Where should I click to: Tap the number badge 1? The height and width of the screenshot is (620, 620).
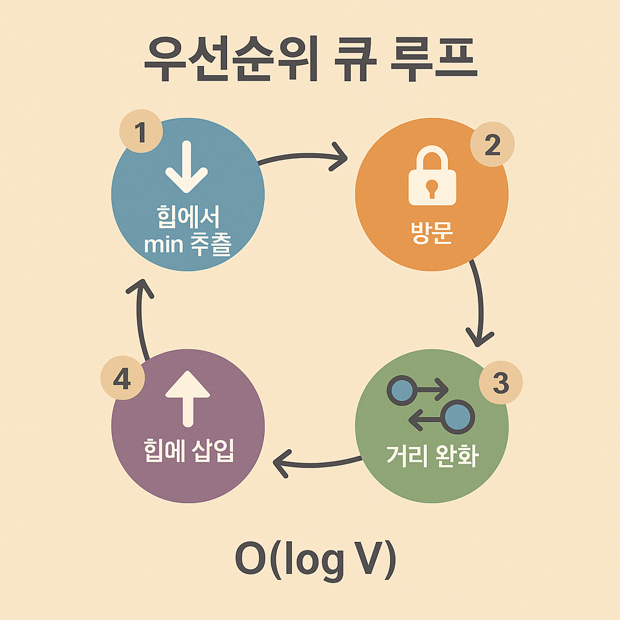(141, 131)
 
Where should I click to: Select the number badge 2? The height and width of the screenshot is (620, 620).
(492, 146)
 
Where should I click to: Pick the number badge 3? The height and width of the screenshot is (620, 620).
(500, 384)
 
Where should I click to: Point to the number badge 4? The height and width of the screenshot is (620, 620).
(122, 381)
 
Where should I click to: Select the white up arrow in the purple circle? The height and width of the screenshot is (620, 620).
(188, 397)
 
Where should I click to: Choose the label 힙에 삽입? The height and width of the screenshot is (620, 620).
(188, 452)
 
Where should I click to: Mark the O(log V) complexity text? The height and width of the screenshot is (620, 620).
(315, 561)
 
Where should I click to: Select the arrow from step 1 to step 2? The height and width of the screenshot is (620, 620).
(303, 157)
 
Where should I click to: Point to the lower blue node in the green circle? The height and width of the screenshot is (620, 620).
(459, 417)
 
